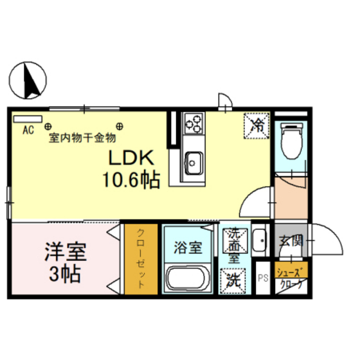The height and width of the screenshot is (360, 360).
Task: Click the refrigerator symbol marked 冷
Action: (x=256, y=123)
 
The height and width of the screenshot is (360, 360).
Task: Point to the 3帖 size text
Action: (x=65, y=274)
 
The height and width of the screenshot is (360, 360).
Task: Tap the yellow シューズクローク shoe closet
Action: (x=291, y=277)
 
